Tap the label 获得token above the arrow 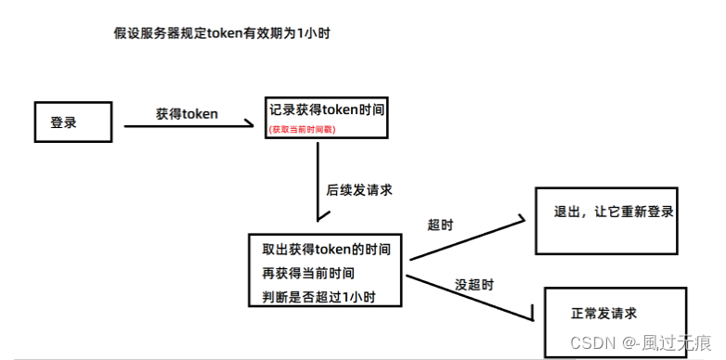tap(187, 113)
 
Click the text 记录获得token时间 tap(326, 109)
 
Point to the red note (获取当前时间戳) tap(302, 130)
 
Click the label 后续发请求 tap(358, 189)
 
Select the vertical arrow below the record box tap(318, 186)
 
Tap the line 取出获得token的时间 tap(331, 251)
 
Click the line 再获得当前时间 tap(307, 274)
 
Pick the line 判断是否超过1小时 tap(318, 297)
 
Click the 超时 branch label tap(440, 225)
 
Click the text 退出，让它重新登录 tap(613, 212)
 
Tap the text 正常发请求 tap(603, 314)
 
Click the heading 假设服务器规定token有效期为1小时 tap(221, 34)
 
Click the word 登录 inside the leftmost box tap(63, 122)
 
